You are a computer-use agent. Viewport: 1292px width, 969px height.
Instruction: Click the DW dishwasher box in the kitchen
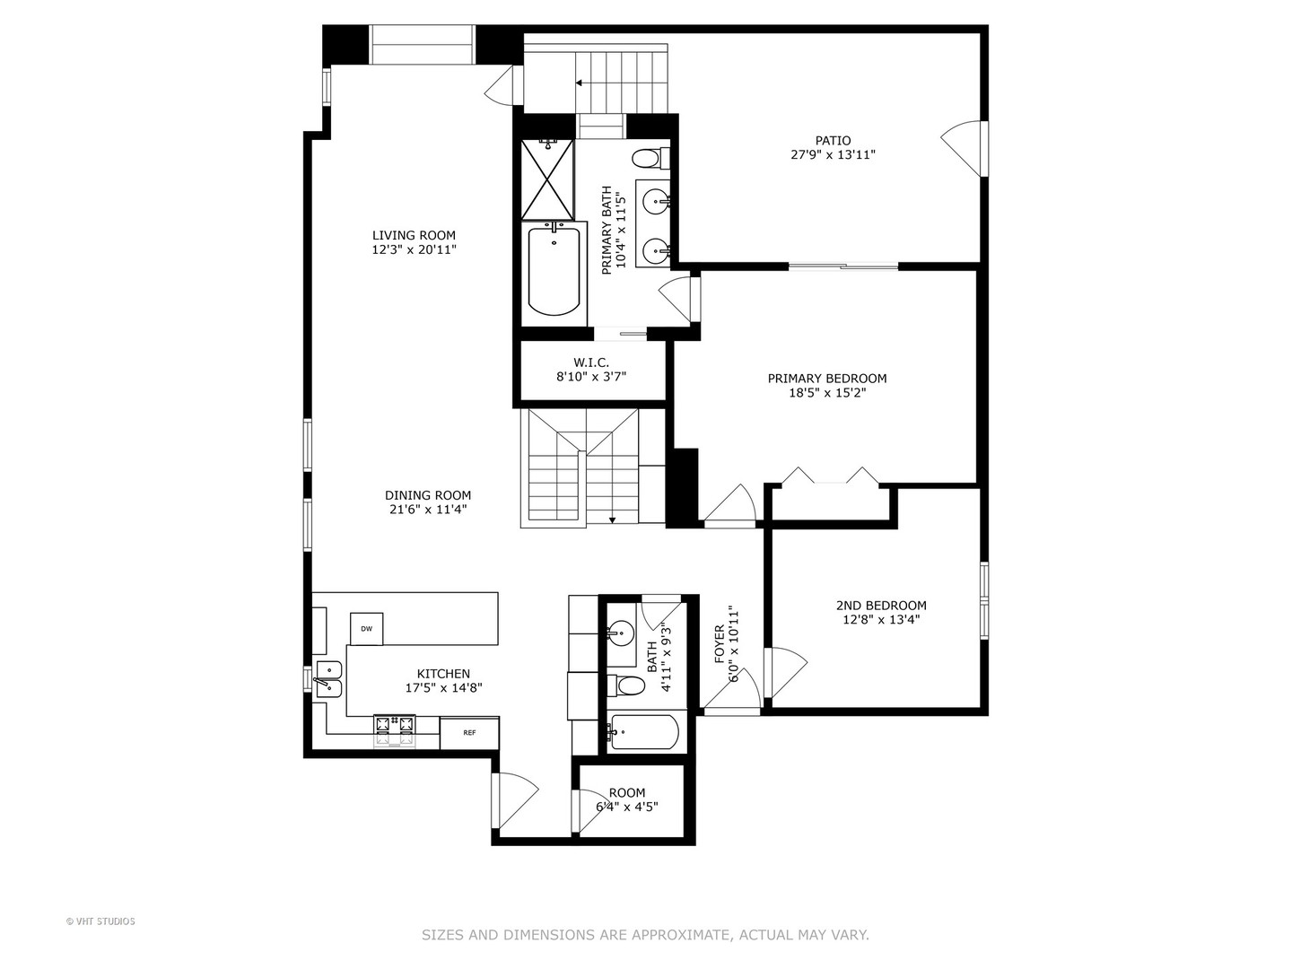366,629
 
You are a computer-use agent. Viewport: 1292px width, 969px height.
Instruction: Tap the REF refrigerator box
469,733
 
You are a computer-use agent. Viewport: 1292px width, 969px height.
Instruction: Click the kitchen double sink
328,678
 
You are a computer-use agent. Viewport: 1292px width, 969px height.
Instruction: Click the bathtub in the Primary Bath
554,270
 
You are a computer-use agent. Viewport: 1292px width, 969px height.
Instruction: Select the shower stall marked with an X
547,180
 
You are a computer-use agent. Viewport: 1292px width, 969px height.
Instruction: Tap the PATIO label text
833,140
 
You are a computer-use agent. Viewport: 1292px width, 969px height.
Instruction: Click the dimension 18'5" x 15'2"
826,392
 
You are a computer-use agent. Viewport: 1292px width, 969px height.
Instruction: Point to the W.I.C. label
591,362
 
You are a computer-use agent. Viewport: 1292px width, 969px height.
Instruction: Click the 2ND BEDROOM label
881,606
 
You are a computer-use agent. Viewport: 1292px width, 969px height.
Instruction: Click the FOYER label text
720,644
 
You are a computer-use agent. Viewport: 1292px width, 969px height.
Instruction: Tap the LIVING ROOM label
414,236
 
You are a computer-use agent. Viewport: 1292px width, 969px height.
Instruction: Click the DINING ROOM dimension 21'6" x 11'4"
426,510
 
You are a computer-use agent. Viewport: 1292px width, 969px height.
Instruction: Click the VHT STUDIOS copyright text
100,921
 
